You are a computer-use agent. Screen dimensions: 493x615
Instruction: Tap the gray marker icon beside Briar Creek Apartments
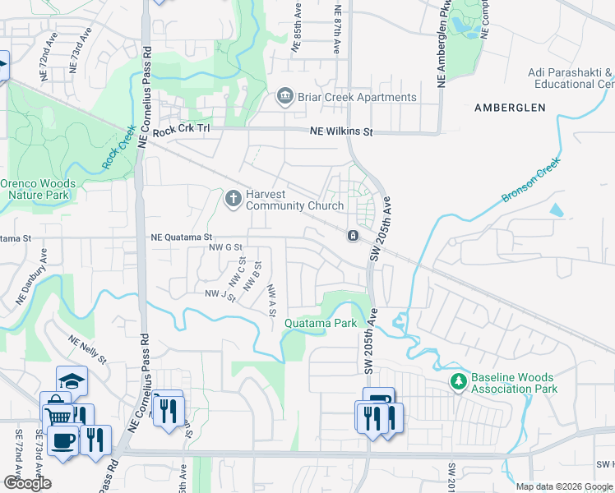click(x=285, y=98)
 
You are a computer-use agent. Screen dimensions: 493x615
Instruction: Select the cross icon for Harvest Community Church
click(x=234, y=198)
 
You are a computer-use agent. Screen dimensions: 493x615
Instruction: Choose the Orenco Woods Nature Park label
click(x=39, y=190)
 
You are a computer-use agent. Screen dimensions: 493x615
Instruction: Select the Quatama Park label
click(x=321, y=324)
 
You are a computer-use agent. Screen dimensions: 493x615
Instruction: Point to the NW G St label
click(x=226, y=246)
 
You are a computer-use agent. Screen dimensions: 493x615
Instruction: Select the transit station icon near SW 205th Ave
click(x=353, y=237)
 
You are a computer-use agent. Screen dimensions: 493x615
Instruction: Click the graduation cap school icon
click(x=72, y=380)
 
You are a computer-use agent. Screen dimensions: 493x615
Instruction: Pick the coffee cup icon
click(x=63, y=440)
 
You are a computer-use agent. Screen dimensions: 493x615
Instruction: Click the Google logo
click(x=28, y=483)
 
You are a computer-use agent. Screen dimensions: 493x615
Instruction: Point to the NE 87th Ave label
click(x=336, y=29)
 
